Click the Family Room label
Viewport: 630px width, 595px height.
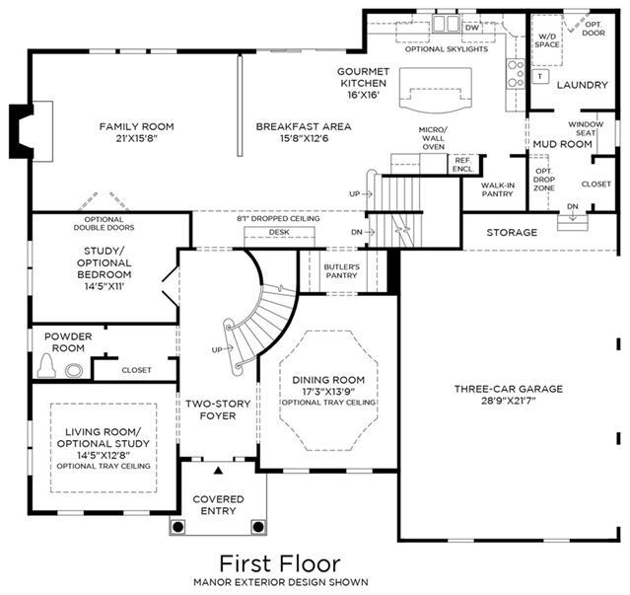[137, 126]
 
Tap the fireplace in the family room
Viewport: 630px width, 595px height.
[24, 131]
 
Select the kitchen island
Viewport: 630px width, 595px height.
[436, 91]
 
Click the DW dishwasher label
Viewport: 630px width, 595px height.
[472, 28]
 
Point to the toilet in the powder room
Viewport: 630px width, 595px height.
[46, 366]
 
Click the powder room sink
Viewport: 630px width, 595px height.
[74, 370]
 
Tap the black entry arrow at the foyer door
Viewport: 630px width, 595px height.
[218, 470]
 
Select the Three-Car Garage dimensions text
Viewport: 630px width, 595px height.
[509, 401]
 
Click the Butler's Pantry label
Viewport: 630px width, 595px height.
[341, 271]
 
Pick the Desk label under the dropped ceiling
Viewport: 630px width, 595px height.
[279, 232]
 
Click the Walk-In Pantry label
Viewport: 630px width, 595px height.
[498, 189]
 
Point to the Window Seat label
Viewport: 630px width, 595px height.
[586, 128]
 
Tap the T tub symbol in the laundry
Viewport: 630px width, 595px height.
[541, 76]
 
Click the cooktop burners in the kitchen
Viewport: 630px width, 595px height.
[516, 74]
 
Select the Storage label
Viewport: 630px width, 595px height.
[512, 232]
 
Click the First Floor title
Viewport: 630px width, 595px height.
[280, 563]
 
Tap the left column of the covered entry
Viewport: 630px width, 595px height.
[178, 526]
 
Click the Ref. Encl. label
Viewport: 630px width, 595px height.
[462, 165]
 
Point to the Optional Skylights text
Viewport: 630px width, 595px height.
[447, 49]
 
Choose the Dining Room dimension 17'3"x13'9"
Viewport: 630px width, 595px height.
[328, 392]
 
